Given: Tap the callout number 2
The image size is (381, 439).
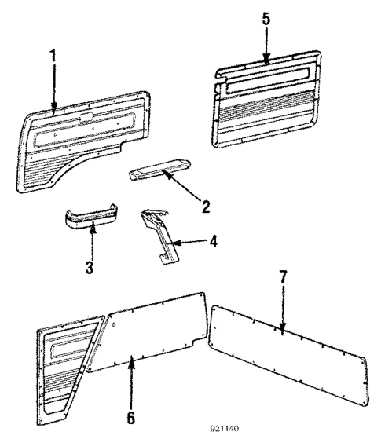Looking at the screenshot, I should [205, 207].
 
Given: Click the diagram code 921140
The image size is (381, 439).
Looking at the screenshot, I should [224, 430].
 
